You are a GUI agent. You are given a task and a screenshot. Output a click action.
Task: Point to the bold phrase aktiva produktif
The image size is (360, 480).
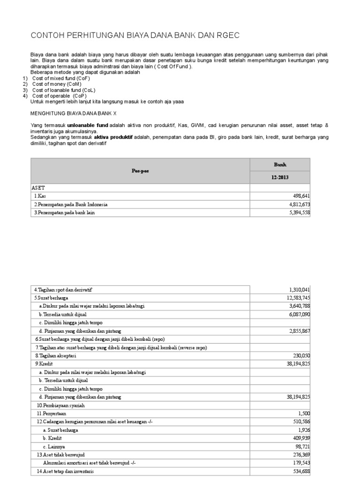click(113, 137)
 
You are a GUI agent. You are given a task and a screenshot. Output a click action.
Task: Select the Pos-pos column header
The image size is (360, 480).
click(140, 171)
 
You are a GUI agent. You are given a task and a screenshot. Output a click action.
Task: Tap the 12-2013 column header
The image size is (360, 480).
click(280, 178)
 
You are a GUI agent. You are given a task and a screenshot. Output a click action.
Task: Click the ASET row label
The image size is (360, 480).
click(38, 187)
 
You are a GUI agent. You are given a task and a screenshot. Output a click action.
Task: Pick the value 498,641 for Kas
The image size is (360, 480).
click(300, 196)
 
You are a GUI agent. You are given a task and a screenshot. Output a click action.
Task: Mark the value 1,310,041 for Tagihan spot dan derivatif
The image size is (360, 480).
click(297, 289)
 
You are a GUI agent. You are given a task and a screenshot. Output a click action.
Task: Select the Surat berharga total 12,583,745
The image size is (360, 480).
click(295, 298)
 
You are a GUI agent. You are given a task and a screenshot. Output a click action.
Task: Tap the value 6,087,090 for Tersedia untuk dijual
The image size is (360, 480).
click(297, 315)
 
